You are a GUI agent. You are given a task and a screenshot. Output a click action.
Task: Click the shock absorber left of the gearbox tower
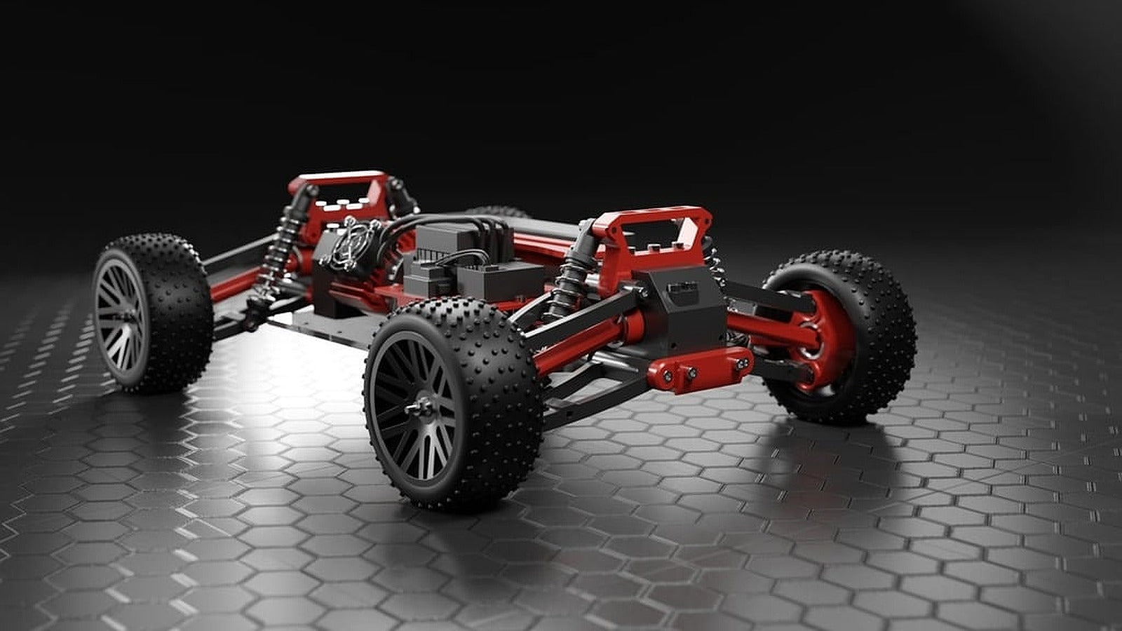[572, 277]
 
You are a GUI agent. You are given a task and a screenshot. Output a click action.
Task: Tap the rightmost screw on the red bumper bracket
[742, 362]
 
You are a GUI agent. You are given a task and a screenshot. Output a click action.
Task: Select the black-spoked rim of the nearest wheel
[414, 407]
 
